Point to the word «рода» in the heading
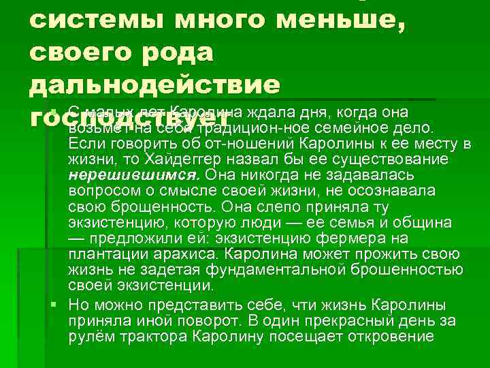pos(178,55)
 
